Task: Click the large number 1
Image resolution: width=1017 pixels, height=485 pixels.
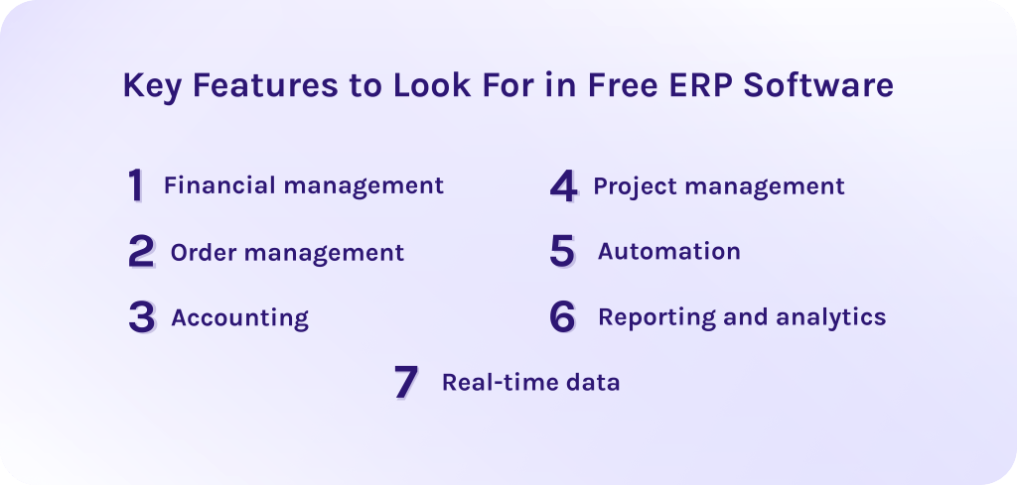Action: click(x=136, y=185)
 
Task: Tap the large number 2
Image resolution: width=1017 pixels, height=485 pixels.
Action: click(x=141, y=252)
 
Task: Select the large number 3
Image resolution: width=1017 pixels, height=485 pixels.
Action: click(x=142, y=317)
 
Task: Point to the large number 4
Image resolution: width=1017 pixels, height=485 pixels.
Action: click(x=563, y=185)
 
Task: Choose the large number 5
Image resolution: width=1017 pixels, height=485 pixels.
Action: click(x=562, y=252)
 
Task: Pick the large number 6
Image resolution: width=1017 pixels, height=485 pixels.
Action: click(x=562, y=317)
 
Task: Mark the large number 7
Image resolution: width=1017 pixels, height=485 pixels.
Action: click(x=405, y=383)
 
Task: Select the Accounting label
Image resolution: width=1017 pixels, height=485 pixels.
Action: click(x=239, y=318)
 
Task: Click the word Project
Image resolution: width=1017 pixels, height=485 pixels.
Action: click(x=633, y=186)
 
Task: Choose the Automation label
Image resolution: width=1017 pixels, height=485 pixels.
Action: click(x=668, y=252)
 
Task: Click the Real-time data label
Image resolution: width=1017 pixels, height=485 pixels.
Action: click(x=530, y=383)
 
